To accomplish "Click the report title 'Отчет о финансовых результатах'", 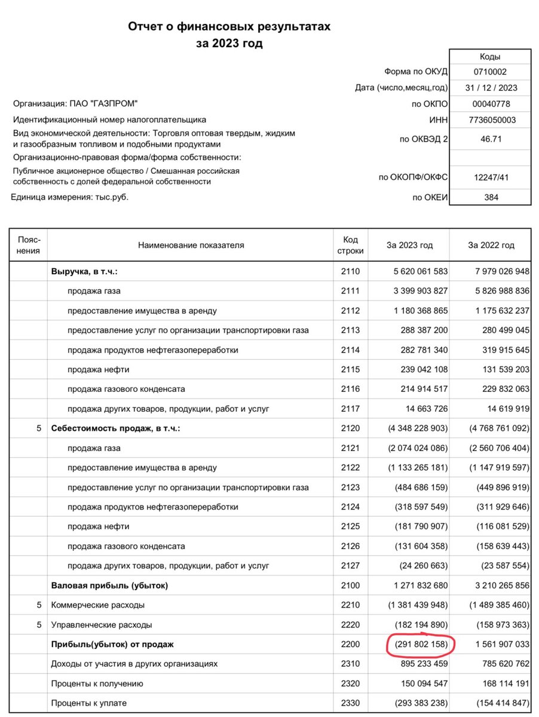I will [x=229, y=27].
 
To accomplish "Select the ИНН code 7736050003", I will [x=490, y=119].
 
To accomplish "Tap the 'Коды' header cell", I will [x=490, y=57].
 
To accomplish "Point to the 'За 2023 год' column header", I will [x=409, y=245].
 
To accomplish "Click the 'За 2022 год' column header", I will [x=491, y=245].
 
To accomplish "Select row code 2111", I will [x=351, y=291].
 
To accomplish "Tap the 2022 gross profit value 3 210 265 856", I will [x=494, y=586].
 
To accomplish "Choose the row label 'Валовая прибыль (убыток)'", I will [x=110, y=586].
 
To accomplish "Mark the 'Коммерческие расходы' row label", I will [x=98, y=605].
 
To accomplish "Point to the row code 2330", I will [x=351, y=703].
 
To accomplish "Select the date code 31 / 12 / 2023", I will [x=490, y=88].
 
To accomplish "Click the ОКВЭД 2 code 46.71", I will [x=490, y=139].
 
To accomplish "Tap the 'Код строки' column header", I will [x=351, y=245].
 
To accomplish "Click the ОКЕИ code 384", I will [x=490, y=197].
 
